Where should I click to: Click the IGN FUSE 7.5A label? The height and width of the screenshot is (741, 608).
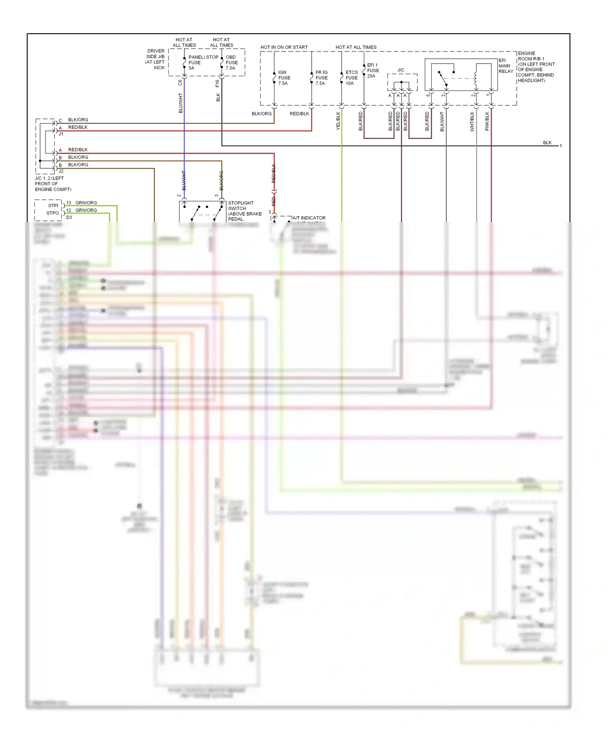284,78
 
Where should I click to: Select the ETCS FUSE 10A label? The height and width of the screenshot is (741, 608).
351,78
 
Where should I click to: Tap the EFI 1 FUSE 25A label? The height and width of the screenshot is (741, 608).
373,71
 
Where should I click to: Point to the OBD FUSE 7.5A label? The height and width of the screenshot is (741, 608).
231,62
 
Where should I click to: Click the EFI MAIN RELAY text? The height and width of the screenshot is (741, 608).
505,66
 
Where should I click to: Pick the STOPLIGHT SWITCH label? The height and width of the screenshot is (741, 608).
241,206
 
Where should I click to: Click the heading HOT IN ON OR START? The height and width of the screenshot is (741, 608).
284,47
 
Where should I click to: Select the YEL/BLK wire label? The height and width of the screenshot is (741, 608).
338,121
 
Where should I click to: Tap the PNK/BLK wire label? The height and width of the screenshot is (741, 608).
487,121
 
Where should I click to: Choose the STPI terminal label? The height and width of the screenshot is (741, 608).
53,206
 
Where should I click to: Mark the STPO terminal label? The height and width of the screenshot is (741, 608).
53,213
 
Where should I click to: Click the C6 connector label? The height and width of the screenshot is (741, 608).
180,82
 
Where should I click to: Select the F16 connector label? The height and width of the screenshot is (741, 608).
217,83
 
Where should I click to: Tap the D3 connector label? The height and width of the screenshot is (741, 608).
69,217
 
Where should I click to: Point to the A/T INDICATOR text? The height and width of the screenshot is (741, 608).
309,218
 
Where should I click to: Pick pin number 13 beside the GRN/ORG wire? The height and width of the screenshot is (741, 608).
69,203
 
